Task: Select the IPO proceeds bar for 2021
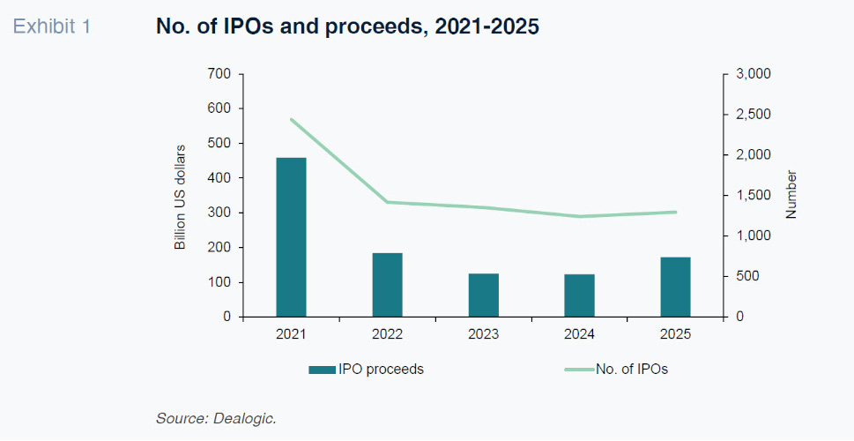pyautogui.click(x=291, y=237)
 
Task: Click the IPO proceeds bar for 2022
pyautogui.click(x=387, y=285)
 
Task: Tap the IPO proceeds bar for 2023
pyautogui.click(x=483, y=295)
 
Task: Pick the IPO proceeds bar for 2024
pyautogui.click(x=579, y=295)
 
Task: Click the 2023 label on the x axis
pyautogui.click(x=483, y=334)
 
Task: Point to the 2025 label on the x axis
pyautogui.click(x=675, y=334)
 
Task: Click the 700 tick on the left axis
pyautogui.click(x=219, y=74)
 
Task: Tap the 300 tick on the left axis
pyautogui.click(x=219, y=213)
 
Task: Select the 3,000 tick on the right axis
pyautogui.click(x=753, y=74)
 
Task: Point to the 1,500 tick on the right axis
pyautogui.click(x=753, y=196)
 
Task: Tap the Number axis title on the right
pyautogui.click(x=791, y=196)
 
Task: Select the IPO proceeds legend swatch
pyautogui.click(x=323, y=370)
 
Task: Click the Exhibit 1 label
pyautogui.click(x=51, y=26)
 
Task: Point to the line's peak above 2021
pyautogui.click(x=291, y=119)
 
